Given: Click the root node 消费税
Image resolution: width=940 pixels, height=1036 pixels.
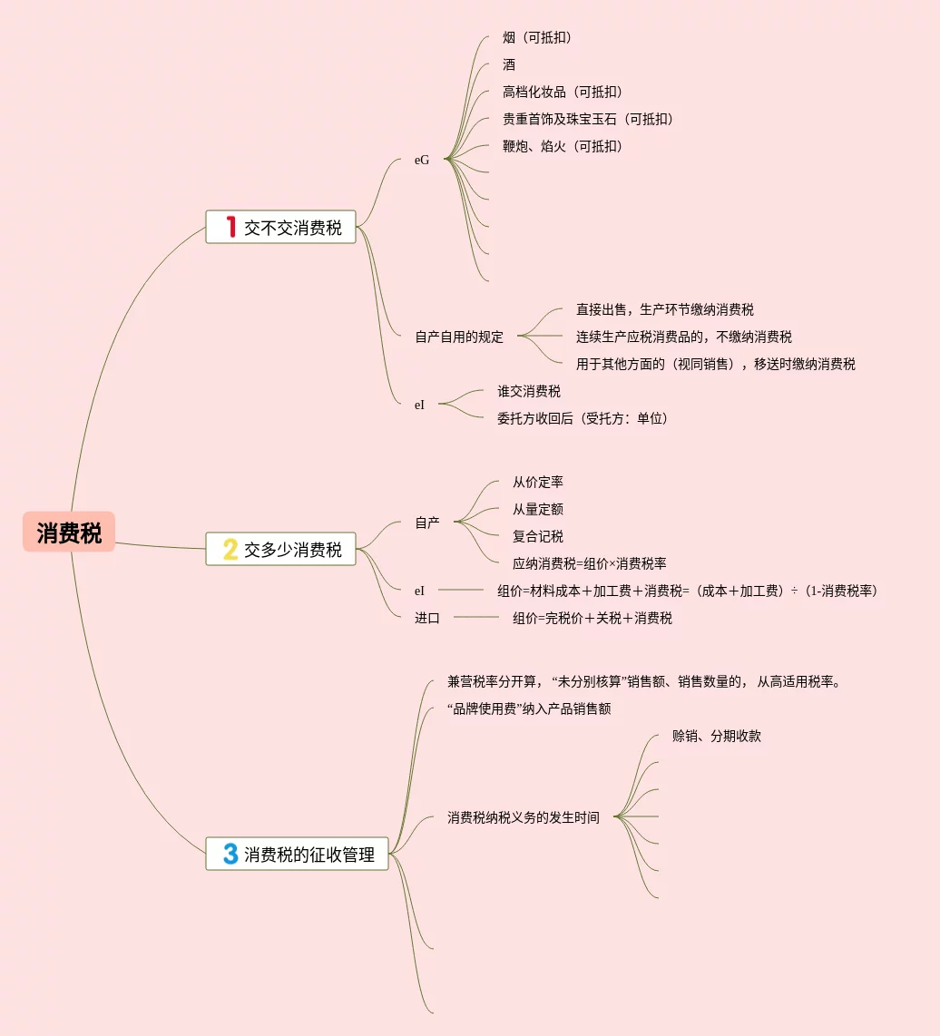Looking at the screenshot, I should click(x=69, y=533).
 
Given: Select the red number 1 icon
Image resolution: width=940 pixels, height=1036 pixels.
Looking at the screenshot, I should click(x=230, y=227).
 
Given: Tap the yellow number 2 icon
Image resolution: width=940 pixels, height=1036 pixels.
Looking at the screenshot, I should click(x=230, y=549).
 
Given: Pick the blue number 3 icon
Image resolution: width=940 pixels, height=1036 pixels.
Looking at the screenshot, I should click(x=230, y=854).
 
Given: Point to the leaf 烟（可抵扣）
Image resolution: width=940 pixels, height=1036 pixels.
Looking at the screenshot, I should click(x=537, y=37).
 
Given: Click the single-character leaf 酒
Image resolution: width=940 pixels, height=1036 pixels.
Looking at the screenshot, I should click(x=509, y=64).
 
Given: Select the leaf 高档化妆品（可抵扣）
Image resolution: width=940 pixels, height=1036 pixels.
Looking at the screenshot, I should click(x=563, y=92).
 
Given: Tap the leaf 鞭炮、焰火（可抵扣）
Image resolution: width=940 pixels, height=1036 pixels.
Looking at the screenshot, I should click(x=563, y=146).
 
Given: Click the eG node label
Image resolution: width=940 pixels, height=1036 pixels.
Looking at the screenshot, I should click(x=422, y=160).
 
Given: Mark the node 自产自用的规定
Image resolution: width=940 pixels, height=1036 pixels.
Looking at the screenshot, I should click(x=459, y=337).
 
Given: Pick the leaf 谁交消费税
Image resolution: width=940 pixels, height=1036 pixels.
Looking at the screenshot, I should click(x=529, y=391).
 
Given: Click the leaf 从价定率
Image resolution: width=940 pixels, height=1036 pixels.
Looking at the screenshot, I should click(x=538, y=482).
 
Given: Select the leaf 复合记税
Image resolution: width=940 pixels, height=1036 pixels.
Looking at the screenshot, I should click(x=538, y=536).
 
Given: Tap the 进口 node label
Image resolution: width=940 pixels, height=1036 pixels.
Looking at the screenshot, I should click(x=427, y=618).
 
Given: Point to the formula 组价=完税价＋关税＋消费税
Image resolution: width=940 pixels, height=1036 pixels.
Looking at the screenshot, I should click(x=592, y=618).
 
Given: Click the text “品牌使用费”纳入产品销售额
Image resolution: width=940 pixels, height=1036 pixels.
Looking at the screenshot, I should click(x=529, y=709).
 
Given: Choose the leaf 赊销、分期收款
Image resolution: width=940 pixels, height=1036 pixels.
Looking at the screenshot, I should click(x=717, y=736).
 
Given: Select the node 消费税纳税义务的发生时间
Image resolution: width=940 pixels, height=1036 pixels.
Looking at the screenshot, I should click(x=524, y=817).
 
